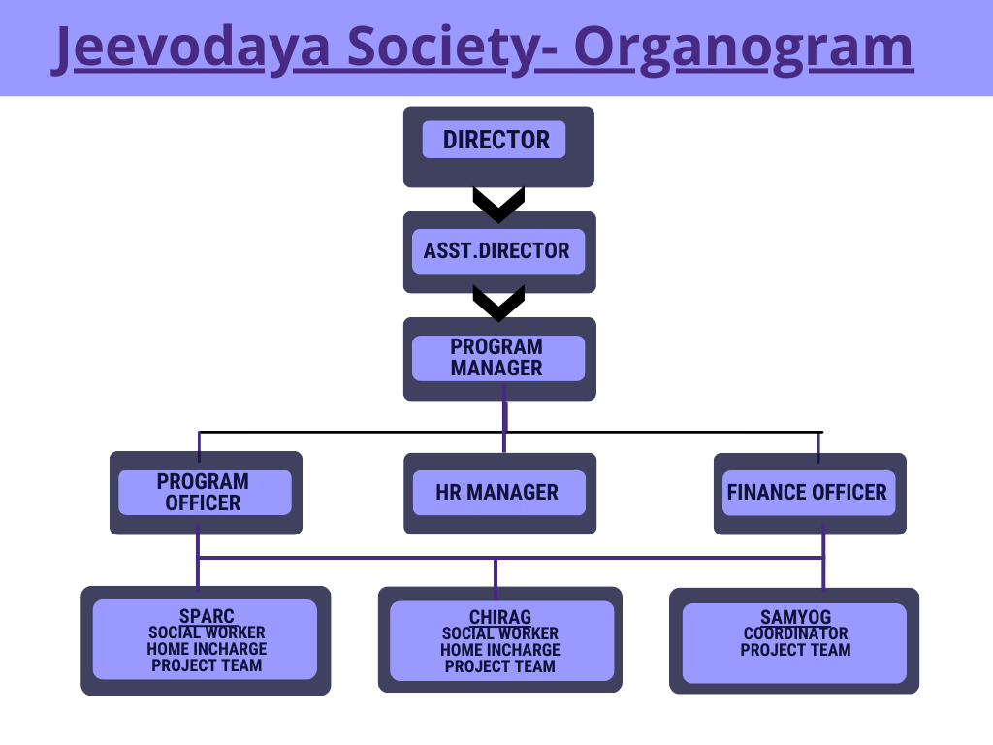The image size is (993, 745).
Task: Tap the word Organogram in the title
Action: click(744, 49)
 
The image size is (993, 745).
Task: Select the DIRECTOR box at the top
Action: click(499, 147)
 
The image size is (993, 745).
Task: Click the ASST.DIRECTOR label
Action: click(497, 251)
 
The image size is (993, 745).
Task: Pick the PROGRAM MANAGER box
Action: click(499, 359)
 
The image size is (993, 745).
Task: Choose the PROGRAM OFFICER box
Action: click(206, 493)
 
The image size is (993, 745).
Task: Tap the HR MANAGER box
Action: click(499, 494)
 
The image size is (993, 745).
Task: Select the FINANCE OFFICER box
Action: click(810, 494)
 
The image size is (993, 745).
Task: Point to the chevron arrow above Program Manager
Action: click(499, 303)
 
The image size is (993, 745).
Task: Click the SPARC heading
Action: click(208, 616)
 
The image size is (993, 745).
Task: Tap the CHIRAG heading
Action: click(500, 616)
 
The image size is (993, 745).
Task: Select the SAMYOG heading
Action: click(796, 616)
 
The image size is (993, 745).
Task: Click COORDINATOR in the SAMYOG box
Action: click(796, 633)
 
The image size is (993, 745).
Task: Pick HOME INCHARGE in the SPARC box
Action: click(208, 649)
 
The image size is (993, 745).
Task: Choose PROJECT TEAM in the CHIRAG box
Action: click(500, 666)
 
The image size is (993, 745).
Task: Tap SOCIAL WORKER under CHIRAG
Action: click(500, 633)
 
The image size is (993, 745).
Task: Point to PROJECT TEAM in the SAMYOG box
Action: click(796, 650)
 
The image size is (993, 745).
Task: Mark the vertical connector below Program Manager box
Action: click(504, 418)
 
